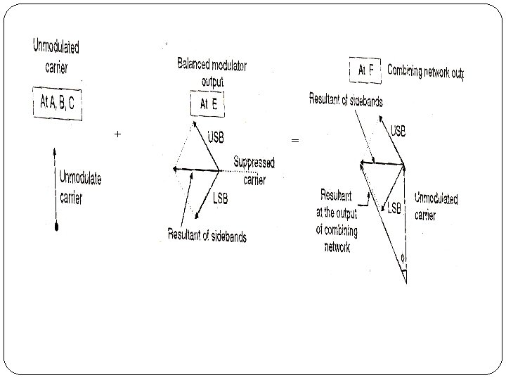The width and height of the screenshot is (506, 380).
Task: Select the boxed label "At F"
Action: point(366,70)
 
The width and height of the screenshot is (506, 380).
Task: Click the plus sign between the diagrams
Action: point(117,134)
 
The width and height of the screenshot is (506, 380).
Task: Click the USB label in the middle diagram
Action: point(216,137)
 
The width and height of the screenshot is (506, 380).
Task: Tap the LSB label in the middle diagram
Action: point(221,198)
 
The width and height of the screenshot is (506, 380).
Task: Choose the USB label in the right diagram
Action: point(399,131)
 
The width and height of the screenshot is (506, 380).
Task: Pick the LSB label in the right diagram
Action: point(394,208)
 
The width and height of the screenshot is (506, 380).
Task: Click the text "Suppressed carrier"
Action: point(254,171)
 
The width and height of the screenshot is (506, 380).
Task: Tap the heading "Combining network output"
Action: point(425,71)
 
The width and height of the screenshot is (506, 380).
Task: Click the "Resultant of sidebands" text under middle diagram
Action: point(207,236)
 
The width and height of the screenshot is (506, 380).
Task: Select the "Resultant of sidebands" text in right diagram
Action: point(346,100)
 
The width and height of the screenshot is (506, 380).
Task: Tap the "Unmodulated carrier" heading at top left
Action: point(56,56)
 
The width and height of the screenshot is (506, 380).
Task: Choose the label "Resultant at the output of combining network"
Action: point(336,221)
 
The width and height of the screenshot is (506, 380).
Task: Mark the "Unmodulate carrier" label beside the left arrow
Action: point(80,187)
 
